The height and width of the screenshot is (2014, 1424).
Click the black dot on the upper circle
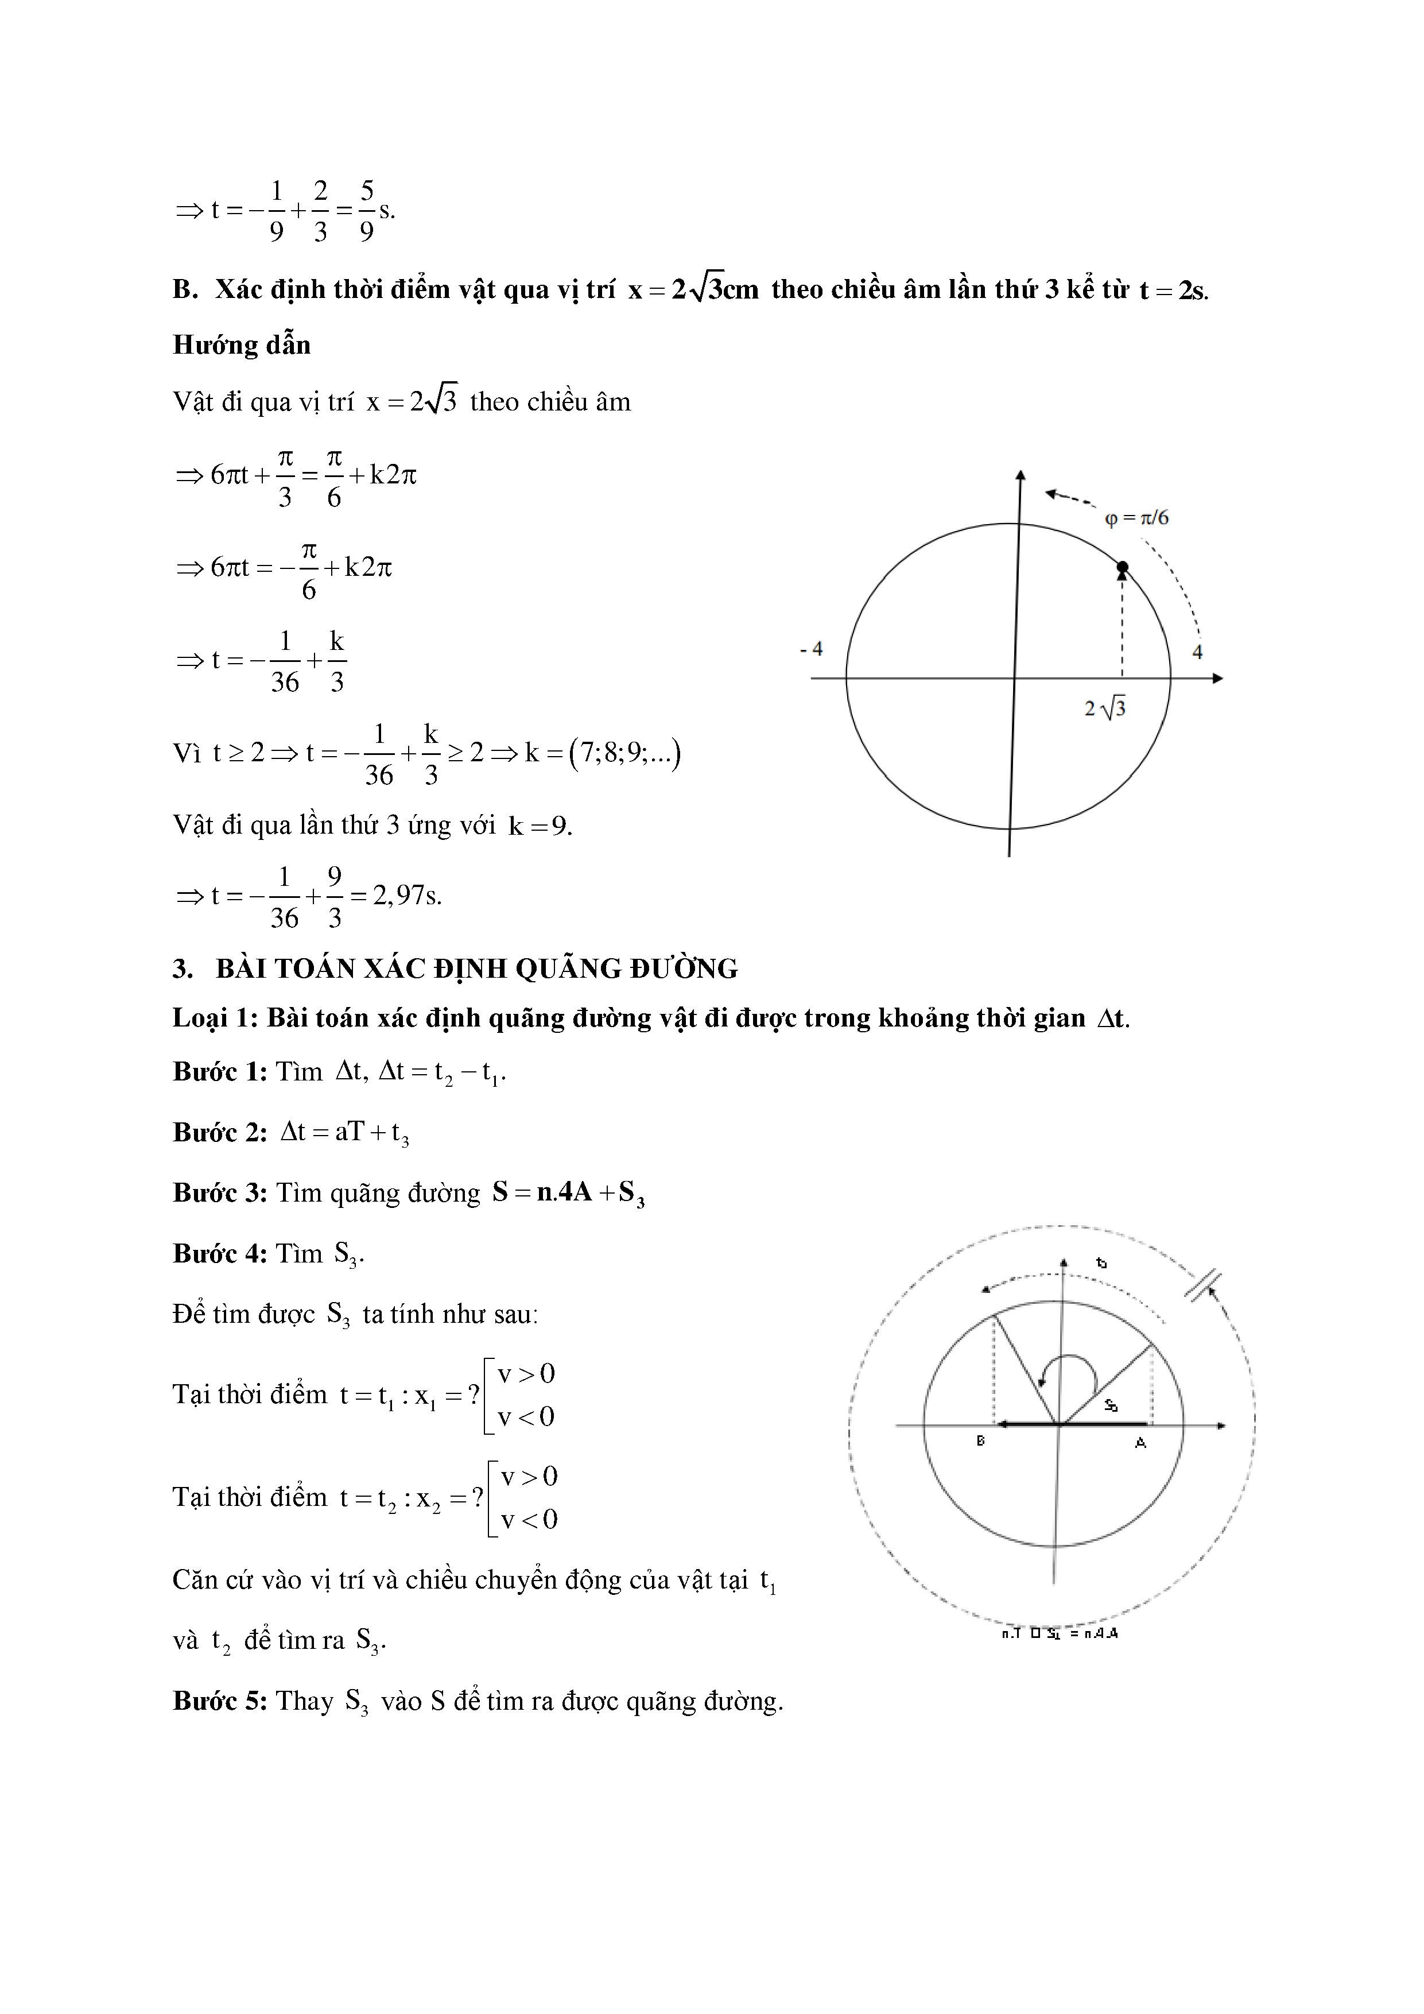pos(1122,568)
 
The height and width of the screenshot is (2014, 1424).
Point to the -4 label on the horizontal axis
pos(811,649)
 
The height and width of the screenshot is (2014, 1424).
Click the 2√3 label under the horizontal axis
pos(1105,708)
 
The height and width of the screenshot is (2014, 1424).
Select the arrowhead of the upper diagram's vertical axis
pos(1020,475)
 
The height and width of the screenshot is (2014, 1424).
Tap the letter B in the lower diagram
pos(980,1440)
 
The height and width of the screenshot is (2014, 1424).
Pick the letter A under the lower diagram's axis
pos(1140,1442)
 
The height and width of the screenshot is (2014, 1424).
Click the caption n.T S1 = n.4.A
pos(1059,1633)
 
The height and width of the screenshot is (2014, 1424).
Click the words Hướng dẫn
pos(241,344)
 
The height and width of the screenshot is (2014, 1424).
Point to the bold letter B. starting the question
pos(185,289)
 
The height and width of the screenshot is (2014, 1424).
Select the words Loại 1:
pos(215,1017)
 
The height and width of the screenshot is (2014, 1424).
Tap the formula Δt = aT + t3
pos(344,1132)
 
